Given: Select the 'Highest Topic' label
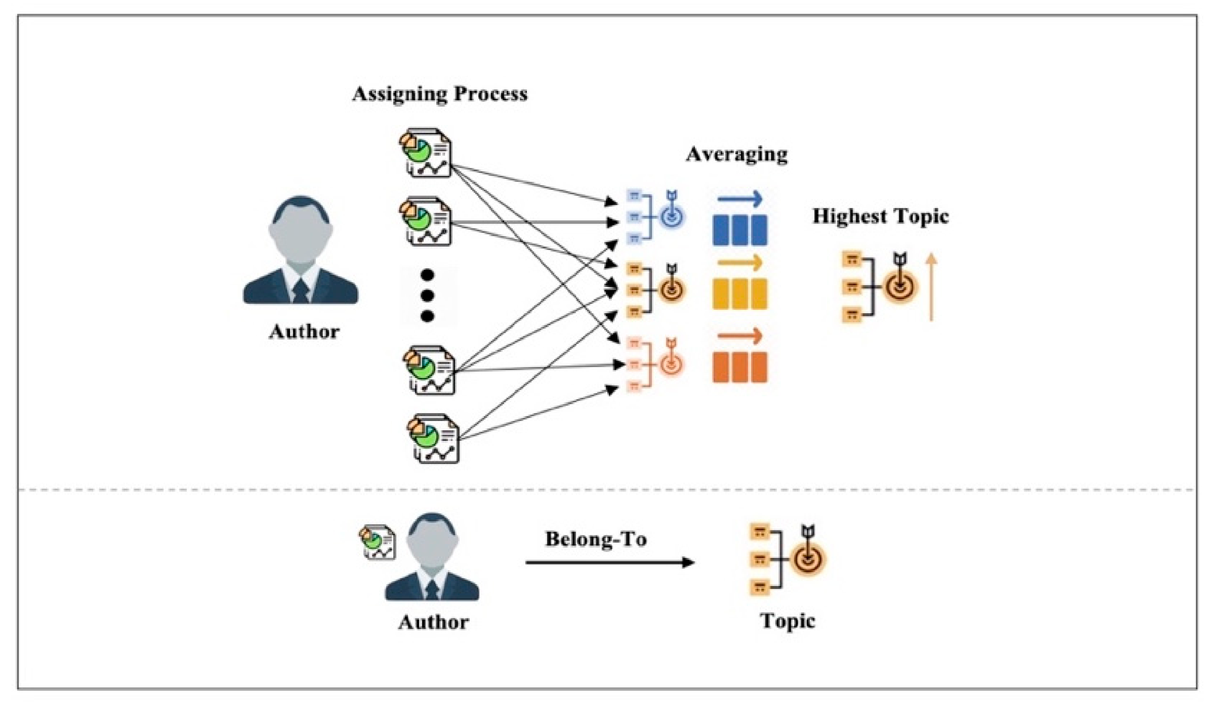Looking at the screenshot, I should tap(881, 216).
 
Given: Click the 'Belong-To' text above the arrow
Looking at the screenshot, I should tap(595, 539).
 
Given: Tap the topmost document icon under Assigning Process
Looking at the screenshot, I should tap(425, 153).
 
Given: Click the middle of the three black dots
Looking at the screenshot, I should tap(427, 295).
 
